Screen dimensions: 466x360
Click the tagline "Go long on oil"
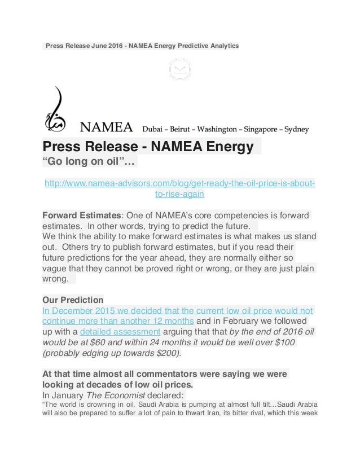click(89, 163)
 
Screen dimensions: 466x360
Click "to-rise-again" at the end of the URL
click(179, 194)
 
